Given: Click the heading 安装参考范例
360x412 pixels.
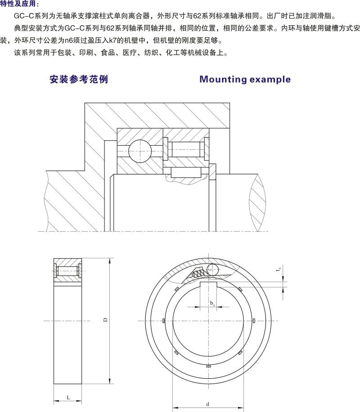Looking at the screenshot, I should [x=79, y=80].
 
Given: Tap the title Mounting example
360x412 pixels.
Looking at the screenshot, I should [x=245, y=80].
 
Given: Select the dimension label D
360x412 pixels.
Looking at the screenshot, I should [x=104, y=320].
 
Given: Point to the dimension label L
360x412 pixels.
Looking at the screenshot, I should [x=68, y=398].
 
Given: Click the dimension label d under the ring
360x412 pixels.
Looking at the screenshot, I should [x=207, y=403].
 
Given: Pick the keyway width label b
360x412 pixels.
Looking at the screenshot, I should [x=212, y=303].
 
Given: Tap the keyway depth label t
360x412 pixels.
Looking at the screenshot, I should [x=279, y=270].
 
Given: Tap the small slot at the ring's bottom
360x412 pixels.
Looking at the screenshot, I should [x=208, y=367].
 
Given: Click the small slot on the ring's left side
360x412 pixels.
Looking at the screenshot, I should [x=162, y=321].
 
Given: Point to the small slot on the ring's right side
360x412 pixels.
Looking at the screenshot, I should [x=254, y=321].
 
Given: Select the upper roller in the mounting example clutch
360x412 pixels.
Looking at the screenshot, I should [x=187, y=149].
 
